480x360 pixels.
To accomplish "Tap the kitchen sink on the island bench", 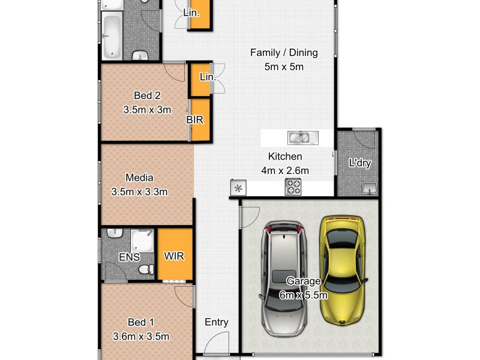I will [299, 138].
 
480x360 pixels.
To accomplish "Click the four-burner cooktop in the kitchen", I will [293, 188].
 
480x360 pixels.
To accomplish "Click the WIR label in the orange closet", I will [174, 256].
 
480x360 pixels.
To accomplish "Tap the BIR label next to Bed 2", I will [194, 120].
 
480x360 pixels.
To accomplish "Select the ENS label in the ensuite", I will [129, 257].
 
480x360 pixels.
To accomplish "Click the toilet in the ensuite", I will [144, 270].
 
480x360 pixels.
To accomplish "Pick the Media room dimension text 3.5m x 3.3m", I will [139, 192].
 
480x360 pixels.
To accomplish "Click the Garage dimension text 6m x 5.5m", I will [303, 295].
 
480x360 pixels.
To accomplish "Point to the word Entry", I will [216, 322].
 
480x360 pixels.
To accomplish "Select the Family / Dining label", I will [284, 53].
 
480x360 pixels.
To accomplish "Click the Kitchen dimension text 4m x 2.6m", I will [285, 170].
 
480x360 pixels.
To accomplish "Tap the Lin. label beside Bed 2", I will [207, 77].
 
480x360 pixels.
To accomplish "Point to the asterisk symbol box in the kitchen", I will [238, 188].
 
